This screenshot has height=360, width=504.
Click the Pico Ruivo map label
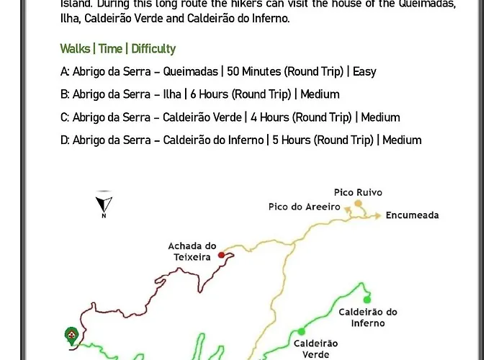pos(358,192)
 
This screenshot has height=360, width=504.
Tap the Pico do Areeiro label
pos(304,207)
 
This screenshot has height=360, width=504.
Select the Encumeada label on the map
pos(412,215)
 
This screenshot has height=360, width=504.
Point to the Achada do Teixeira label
pos(192,251)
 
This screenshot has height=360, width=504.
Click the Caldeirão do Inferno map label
pos(368,318)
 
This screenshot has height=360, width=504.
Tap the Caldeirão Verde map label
pos(315,348)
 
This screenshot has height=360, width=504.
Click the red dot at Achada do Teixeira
pos(221,254)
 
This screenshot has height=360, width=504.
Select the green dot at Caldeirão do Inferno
pos(366,300)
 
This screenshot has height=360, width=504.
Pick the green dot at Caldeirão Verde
pos(301,332)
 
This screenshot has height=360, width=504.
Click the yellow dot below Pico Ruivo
pos(357,204)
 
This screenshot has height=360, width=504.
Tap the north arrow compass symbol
pos(104,204)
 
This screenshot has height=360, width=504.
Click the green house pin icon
pos(71,336)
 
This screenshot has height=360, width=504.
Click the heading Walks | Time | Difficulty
pos(117,49)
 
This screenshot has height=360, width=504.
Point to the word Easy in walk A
pos(365,71)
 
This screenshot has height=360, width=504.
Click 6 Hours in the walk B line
pos(209,94)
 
